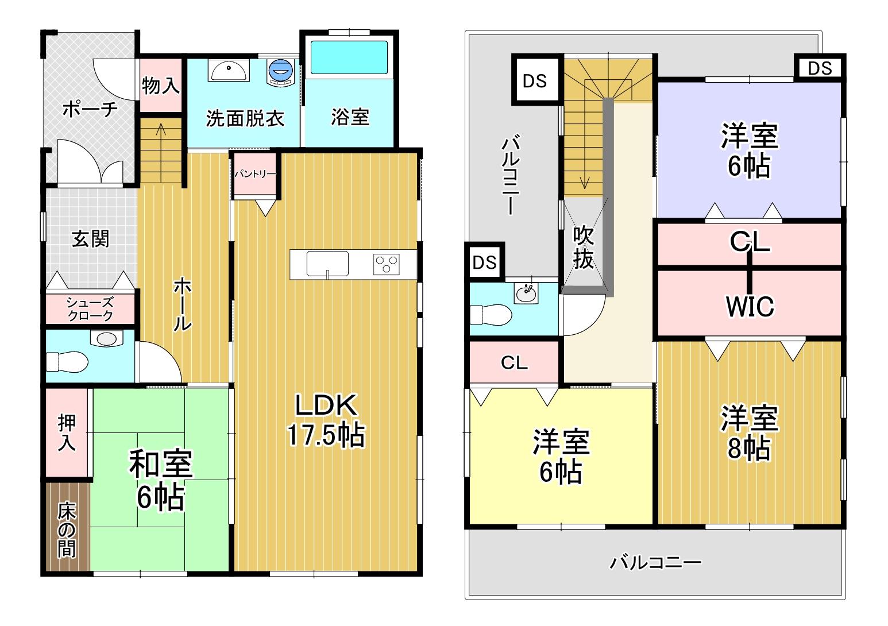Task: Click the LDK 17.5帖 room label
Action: click(x=326, y=420)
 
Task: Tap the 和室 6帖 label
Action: click(x=161, y=480)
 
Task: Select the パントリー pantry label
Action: click(x=255, y=174)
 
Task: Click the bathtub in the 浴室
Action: click(x=349, y=57)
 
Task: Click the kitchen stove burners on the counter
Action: click(x=386, y=264)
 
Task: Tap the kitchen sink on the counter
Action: click(x=327, y=264)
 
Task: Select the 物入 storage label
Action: click(x=161, y=86)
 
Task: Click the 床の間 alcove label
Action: click(x=66, y=530)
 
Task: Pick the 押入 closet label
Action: click(x=67, y=432)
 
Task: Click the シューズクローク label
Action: click(x=90, y=309)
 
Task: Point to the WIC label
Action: click(x=750, y=307)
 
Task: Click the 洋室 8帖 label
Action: click(x=749, y=433)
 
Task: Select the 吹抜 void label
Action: click(x=583, y=247)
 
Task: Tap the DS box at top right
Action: click(x=820, y=68)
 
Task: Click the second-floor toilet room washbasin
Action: click(x=526, y=294)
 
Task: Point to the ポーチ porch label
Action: click(x=90, y=109)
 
